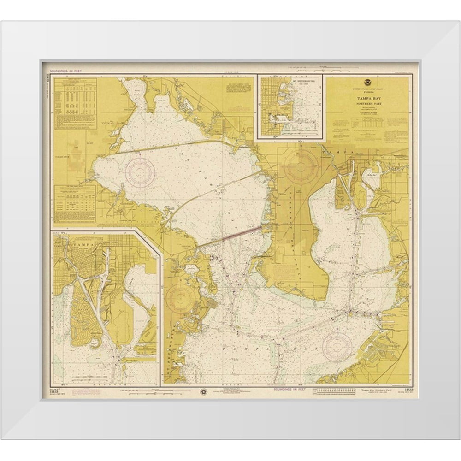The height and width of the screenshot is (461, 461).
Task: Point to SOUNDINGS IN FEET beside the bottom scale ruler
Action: pos(290,389)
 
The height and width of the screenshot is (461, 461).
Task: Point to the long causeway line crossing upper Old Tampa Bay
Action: pos(184,147)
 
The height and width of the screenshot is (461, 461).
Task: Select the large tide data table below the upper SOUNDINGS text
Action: pos(75,104)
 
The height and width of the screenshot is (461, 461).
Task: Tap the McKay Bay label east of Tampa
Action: pos(372,175)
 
